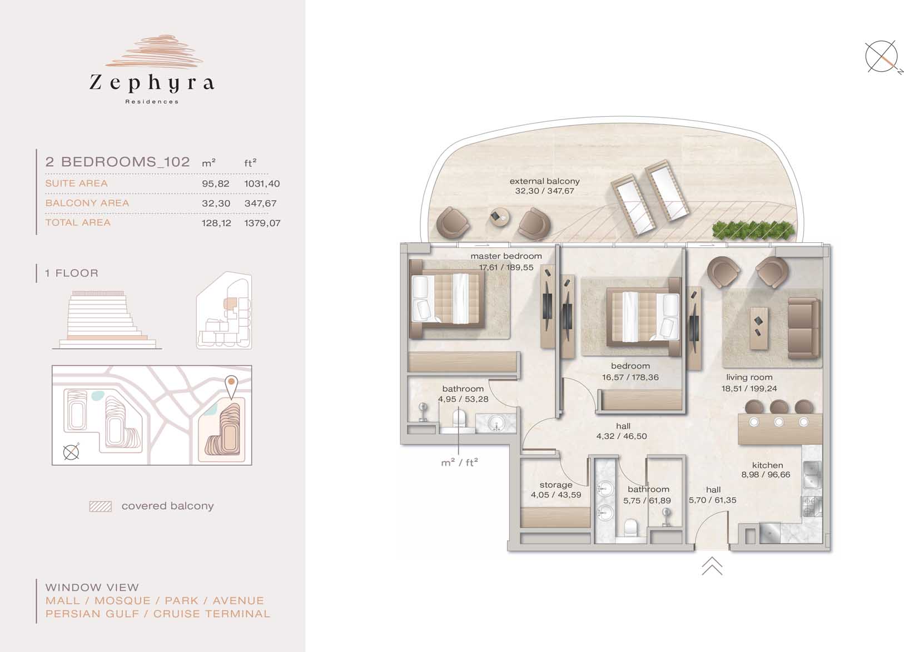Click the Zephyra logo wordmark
pos(151,83)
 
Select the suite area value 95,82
pos(216,183)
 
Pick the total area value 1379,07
pos(262,223)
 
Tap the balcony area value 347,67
pos(260,203)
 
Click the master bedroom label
pos(506,256)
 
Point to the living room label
pos(749,377)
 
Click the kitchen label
pos(767,465)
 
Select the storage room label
pos(556,485)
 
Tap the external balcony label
pos(544,181)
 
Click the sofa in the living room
pos(803,328)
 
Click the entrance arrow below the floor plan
pos(712,566)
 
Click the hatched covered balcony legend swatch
pos(101,506)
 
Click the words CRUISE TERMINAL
pos(211,614)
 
